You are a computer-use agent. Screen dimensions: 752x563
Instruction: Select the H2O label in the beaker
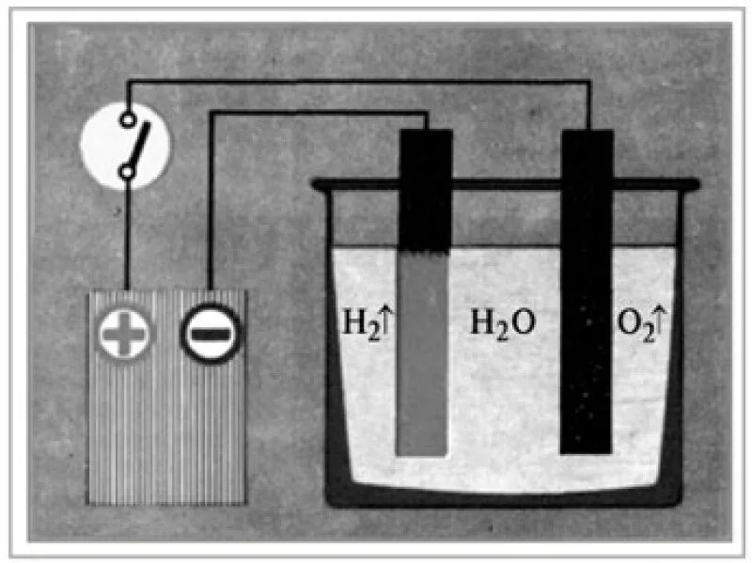click(x=503, y=325)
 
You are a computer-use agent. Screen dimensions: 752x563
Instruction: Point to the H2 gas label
click(x=355, y=325)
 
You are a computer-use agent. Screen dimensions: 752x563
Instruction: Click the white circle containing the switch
click(x=125, y=145)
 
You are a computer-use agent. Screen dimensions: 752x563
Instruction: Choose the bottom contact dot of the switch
click(x=125, y=171)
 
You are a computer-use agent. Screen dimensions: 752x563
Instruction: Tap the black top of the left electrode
click(x=425, y=188)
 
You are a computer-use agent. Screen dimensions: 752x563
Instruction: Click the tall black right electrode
click(x=587, y=291)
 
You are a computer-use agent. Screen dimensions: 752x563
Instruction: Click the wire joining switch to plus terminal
click(x=125, y=235)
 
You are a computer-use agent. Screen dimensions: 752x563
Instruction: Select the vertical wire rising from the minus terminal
click(x=210, y=207)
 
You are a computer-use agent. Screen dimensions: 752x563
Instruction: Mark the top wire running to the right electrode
click(x=357, y=83)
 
